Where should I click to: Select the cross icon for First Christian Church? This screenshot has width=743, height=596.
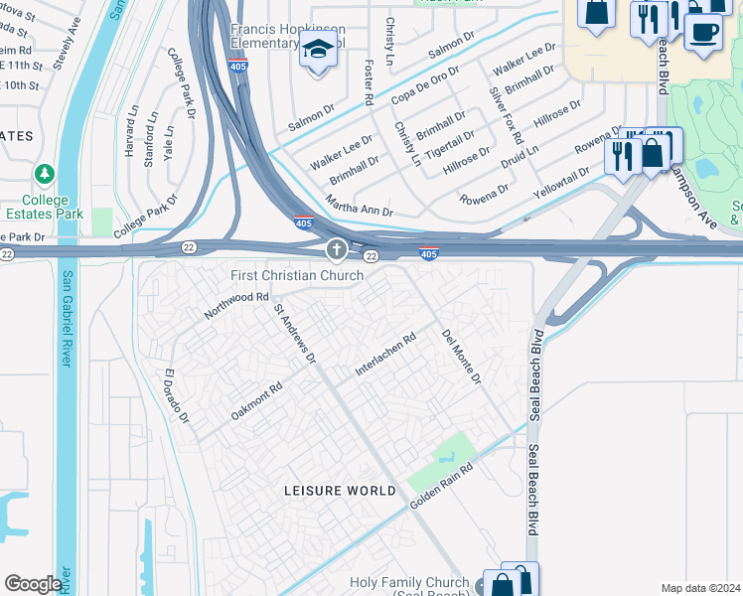click(337, 248)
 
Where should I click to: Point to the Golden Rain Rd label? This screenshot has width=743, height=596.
click(440, 494)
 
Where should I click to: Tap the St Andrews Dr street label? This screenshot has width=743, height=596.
click(294, 333)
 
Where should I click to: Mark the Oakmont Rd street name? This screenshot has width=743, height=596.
click(256, 399)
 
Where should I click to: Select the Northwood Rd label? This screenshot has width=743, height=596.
click(236, 304)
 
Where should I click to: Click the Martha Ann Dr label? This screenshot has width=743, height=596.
click(360, 209)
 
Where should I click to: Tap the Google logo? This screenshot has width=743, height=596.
click(33, 583)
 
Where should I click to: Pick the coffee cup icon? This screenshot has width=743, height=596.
click(703, 31)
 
